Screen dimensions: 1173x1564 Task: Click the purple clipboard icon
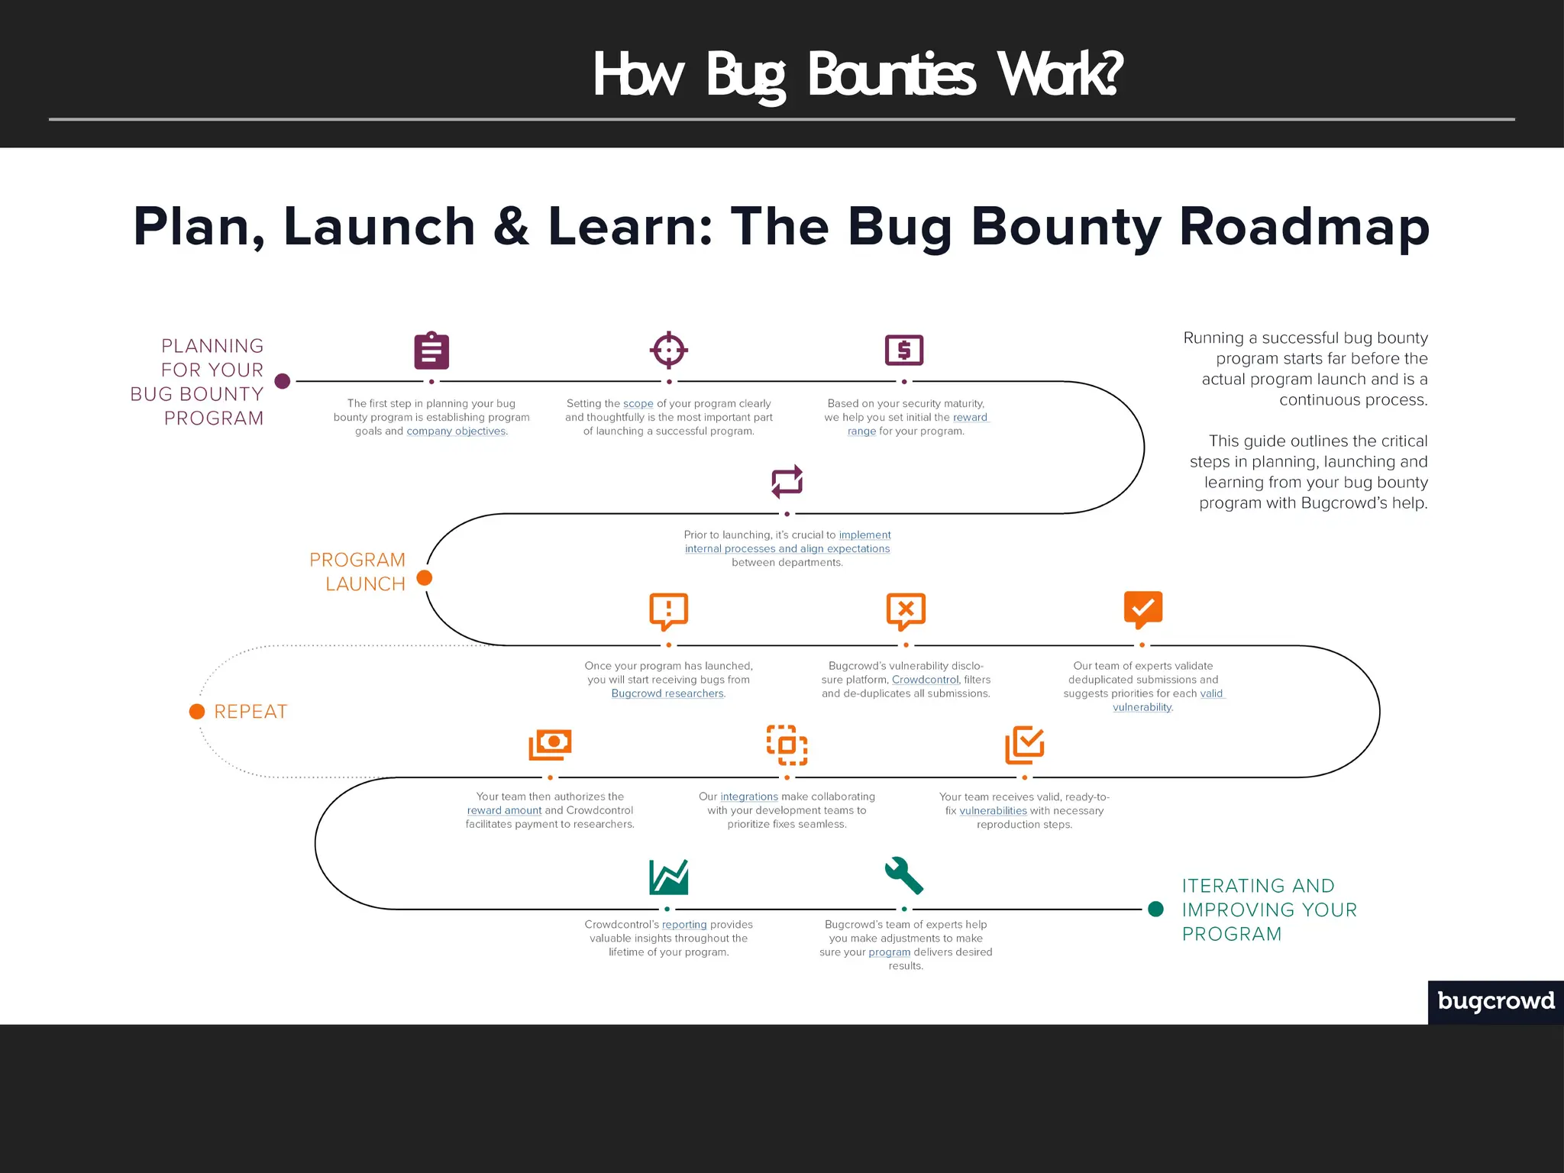[x=431, y=351]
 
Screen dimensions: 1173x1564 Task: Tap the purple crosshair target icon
[x=669, y=351]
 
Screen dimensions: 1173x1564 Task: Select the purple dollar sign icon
[x=904, y=351]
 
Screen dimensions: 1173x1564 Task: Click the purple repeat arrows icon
[x=787, y=481]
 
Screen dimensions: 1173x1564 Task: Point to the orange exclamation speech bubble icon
[x=668, y=610]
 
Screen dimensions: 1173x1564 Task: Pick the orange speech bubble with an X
[x=906, y=610]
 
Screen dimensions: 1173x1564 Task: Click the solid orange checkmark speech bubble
[x=1142, y=609]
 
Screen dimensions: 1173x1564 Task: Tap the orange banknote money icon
[x=550, y=744]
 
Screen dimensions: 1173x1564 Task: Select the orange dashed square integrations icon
[x=787, y=745]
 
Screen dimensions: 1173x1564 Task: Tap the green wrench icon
[x=904, y=875]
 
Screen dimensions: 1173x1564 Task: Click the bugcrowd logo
[x=1496, y=1001]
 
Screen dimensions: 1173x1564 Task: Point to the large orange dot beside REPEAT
[x=197, y=712]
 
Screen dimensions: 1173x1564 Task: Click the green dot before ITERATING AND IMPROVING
[x=1156, y=909]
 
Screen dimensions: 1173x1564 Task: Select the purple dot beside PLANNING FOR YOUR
[x=283, y=381]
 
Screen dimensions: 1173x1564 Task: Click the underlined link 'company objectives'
[x=456, y=431]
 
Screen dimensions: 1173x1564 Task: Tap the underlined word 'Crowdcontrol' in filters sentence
[x=925, y=680]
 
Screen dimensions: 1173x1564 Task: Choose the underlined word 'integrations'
[x=749, y=797]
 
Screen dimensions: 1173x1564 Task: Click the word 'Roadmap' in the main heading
[x=1304, y=227]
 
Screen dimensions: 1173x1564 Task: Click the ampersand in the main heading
[x=512, y=227]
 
